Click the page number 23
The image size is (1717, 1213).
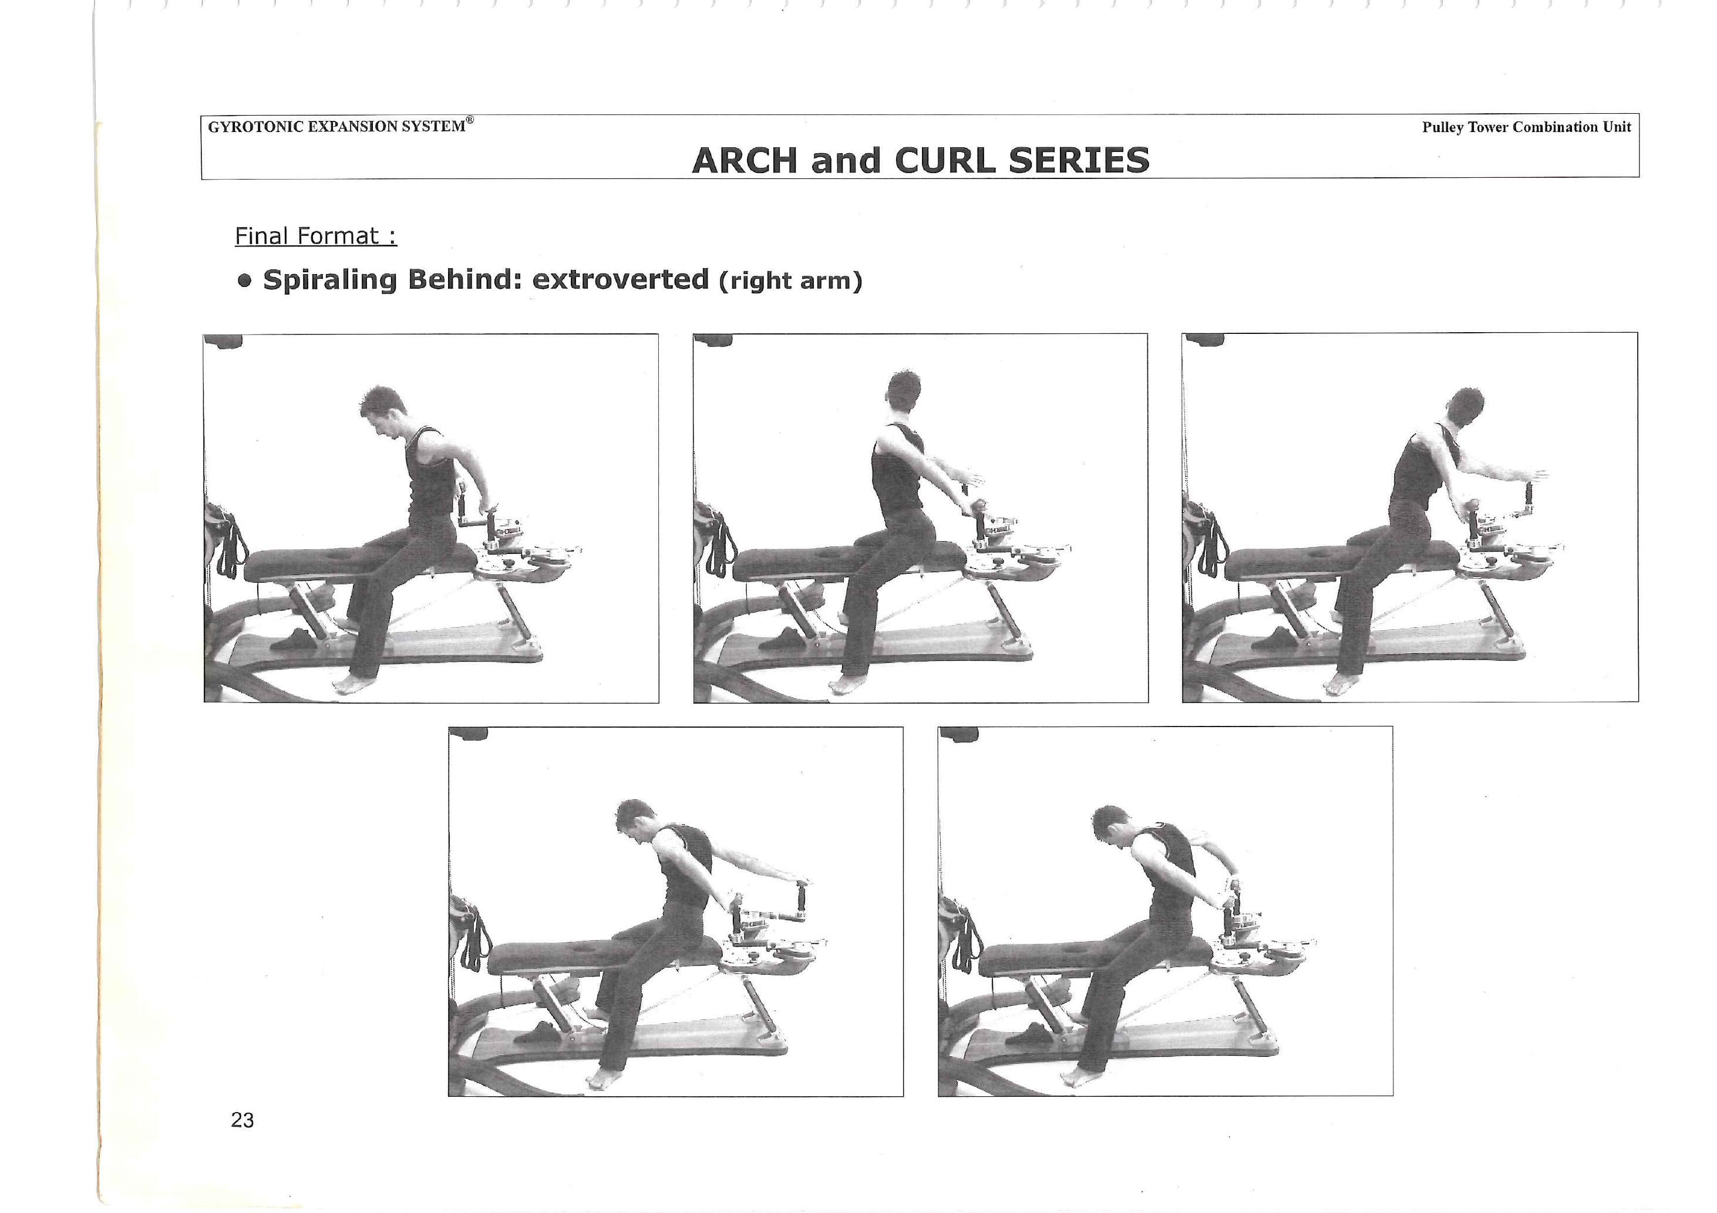pos(243,1120)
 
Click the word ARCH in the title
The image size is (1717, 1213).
pos(744,160)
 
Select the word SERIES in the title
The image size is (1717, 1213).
pos(1079,160)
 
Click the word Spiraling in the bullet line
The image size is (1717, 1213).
pos(330,281)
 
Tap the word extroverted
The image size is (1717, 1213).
pos(621,279)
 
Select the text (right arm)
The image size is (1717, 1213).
pos(790,281)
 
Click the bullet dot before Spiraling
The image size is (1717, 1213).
pos(244,281)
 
